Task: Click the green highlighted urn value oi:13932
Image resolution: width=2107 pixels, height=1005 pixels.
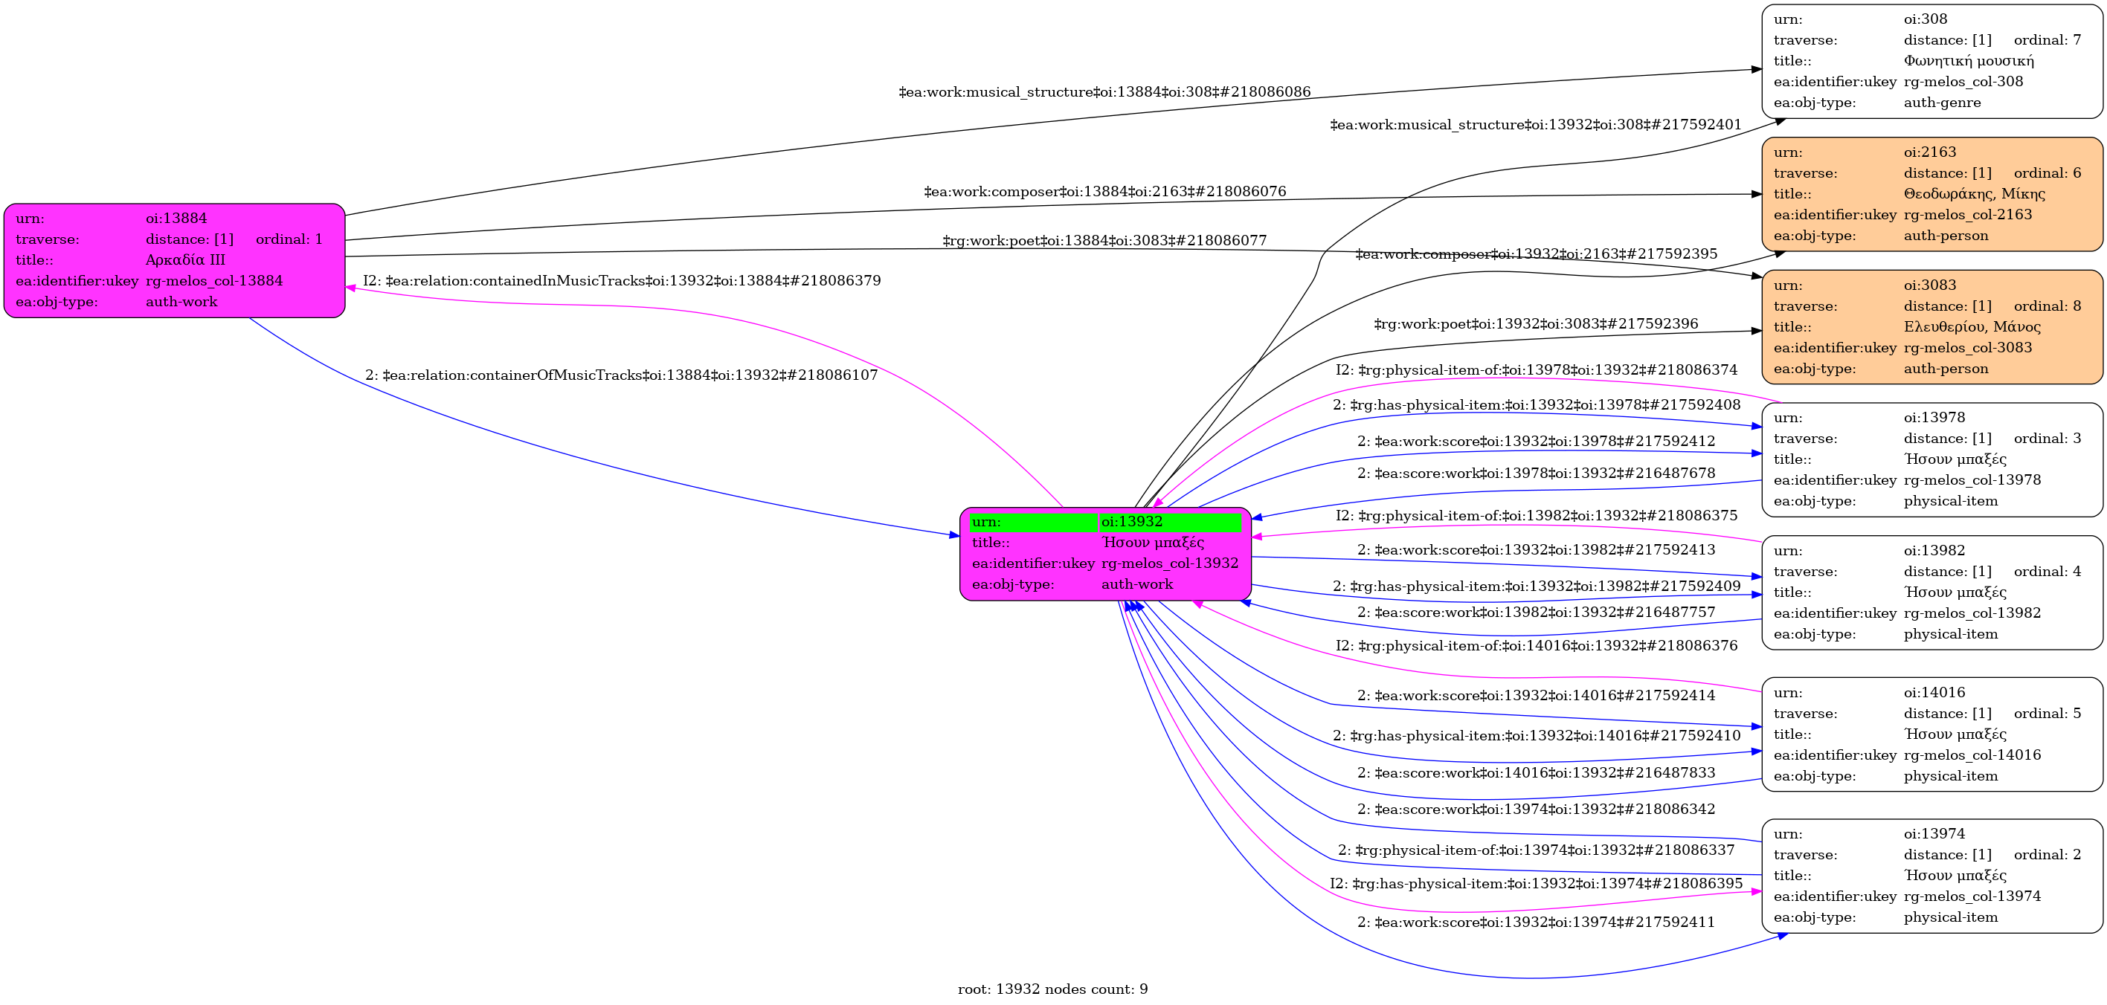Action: click(1131, 522)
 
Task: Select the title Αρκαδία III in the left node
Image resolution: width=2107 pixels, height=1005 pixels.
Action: click(185, 260)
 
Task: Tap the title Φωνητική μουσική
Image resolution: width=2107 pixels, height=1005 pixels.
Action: click(1968, 60)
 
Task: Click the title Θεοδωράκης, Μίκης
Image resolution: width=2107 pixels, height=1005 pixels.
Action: click(1974, 194)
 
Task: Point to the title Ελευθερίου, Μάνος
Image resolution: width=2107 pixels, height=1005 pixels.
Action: click(1971, 327)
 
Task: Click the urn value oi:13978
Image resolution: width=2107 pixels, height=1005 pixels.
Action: click(1934, 418)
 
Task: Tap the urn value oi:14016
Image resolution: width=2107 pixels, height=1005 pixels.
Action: click(1934, 693)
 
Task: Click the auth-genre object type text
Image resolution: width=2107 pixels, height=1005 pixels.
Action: click(1942, 103)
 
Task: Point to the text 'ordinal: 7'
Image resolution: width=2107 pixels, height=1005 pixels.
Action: click(2047, 40)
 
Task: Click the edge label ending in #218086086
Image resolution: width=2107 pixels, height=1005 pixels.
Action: click(1104, 91)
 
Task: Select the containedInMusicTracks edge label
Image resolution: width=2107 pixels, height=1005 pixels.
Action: click(622, 280)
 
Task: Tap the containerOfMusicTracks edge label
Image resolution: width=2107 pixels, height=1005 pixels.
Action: click(621, 375)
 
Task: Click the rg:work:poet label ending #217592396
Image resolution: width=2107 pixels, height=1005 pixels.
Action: click(1535, 324)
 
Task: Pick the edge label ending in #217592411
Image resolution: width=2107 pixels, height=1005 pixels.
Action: click(1535, 922)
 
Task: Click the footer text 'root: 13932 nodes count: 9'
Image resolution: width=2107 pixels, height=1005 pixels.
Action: click(1052, 989)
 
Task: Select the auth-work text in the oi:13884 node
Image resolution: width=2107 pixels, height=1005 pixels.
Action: click(181, 302)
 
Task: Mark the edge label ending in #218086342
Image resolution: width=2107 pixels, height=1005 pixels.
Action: click(1535, 810)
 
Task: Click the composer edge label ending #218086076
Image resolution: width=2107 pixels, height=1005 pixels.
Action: click(1104, 191)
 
